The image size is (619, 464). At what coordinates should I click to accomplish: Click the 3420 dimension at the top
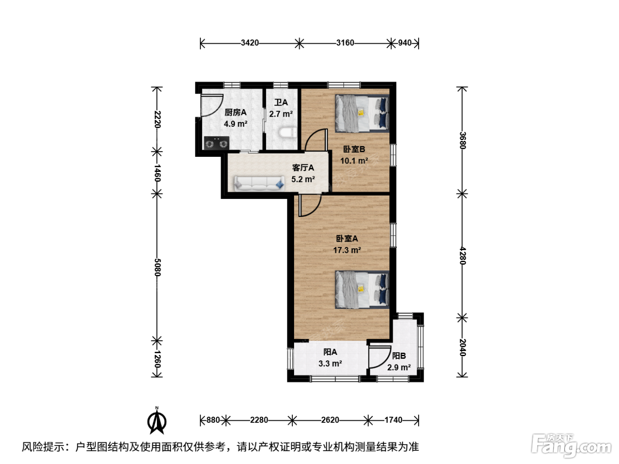(x=249, y=43)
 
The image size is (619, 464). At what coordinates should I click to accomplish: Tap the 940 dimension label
(x=405, y=43)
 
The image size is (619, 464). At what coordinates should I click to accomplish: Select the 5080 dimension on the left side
(x=157, y=267)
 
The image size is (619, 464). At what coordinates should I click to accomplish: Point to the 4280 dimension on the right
(x=462, y=256)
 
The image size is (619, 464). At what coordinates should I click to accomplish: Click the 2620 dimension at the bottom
(x=330, y=420)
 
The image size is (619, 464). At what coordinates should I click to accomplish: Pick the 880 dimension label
(x=213, y=420)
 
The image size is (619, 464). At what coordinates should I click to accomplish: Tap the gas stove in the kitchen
(x=217, y=143)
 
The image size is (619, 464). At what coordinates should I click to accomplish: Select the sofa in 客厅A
(x=259, y=183)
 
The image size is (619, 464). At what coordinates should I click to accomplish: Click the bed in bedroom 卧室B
(x=362, y=114)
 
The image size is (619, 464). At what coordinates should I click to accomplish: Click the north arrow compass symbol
(x=157, y=421)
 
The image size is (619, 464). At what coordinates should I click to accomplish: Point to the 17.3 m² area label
(x=347, y=250)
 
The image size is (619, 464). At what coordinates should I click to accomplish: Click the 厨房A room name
(x=236, y=112)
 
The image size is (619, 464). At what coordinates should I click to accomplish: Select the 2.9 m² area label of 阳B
(x=399, y=368)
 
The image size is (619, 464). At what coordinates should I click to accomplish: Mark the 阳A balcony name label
(x=330, y=352)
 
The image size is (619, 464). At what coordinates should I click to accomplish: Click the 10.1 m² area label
(x=354, y=161)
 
